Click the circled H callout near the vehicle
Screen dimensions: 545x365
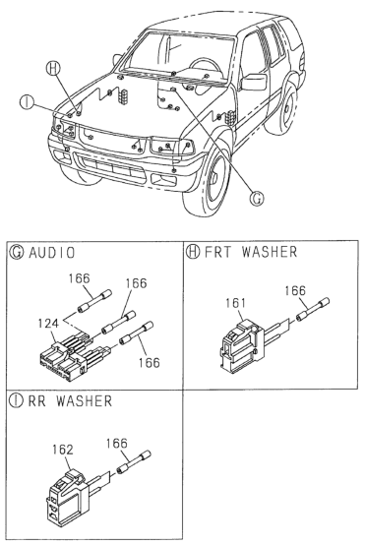tap(55, 69)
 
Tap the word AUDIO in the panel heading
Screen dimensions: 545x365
tap(53, 253)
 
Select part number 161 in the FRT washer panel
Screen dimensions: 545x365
tap(234, 303)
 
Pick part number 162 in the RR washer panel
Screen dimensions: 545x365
tap(63, 448)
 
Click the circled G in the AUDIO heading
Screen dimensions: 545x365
tap(16, 253)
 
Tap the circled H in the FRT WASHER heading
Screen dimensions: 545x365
tap(193, 253)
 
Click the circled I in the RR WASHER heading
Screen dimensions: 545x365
tap(16, 401)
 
